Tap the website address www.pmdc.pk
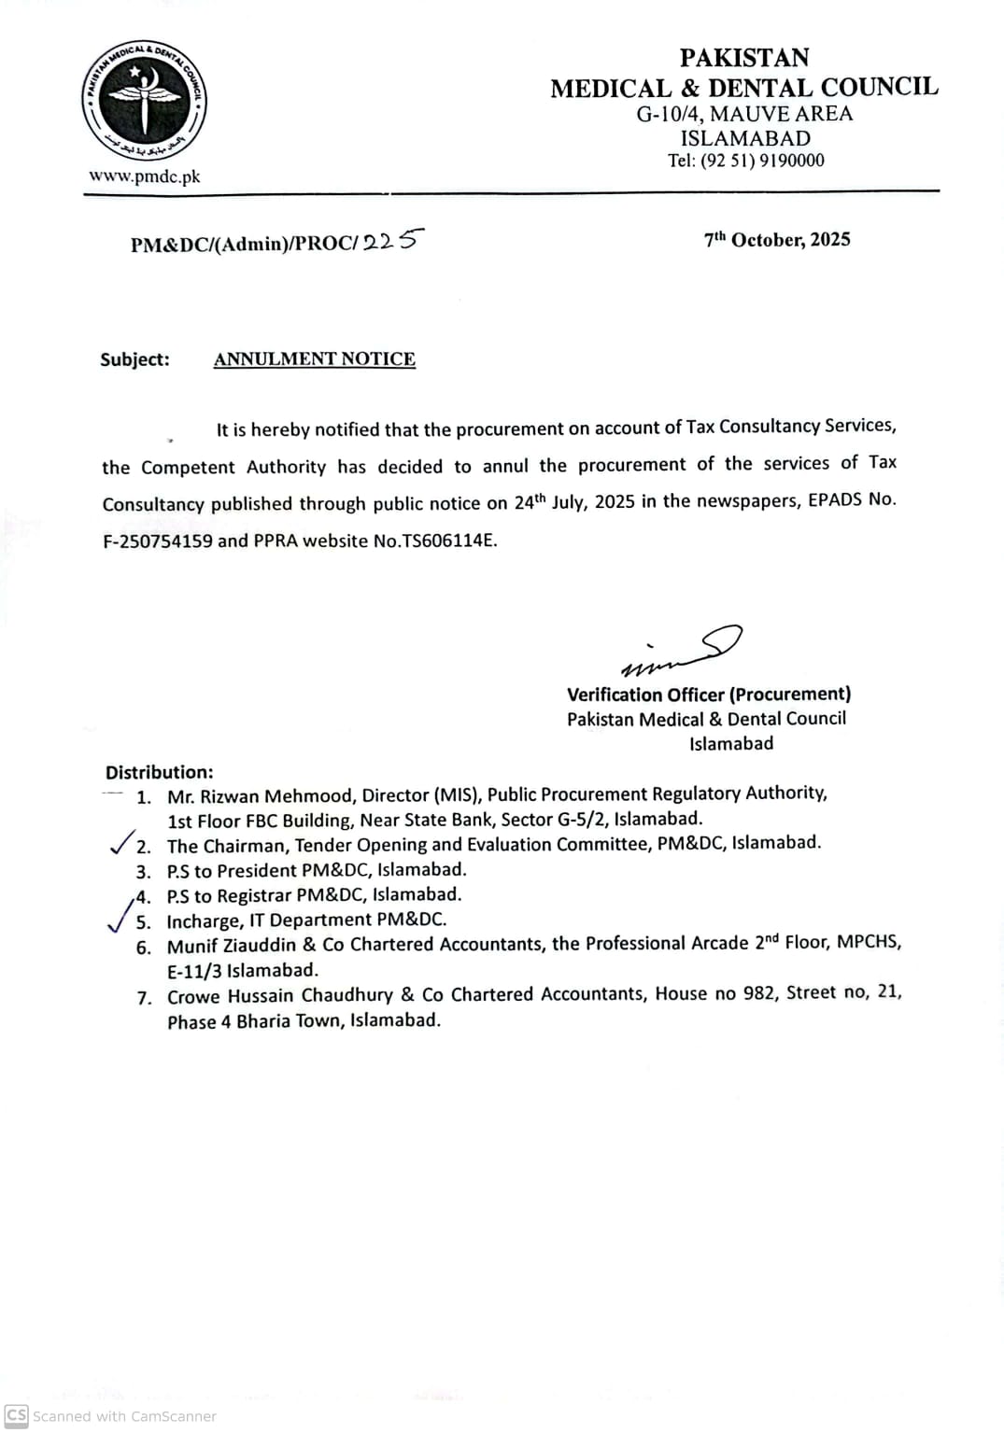[x=145, y=176]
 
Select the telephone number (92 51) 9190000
[x=762, y=161]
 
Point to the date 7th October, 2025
[x=777, y=240]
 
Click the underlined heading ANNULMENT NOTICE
[x=315, y=359]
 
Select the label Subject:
[x=135, y=359]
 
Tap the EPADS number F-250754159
[x=158, y=541]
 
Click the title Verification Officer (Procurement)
[x=709, y=695]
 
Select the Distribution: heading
[x=159, y=772]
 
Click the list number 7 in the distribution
[x=144, y=998]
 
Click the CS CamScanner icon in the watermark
[x=17, y=1415]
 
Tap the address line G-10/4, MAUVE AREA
[x=744, y=114]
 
